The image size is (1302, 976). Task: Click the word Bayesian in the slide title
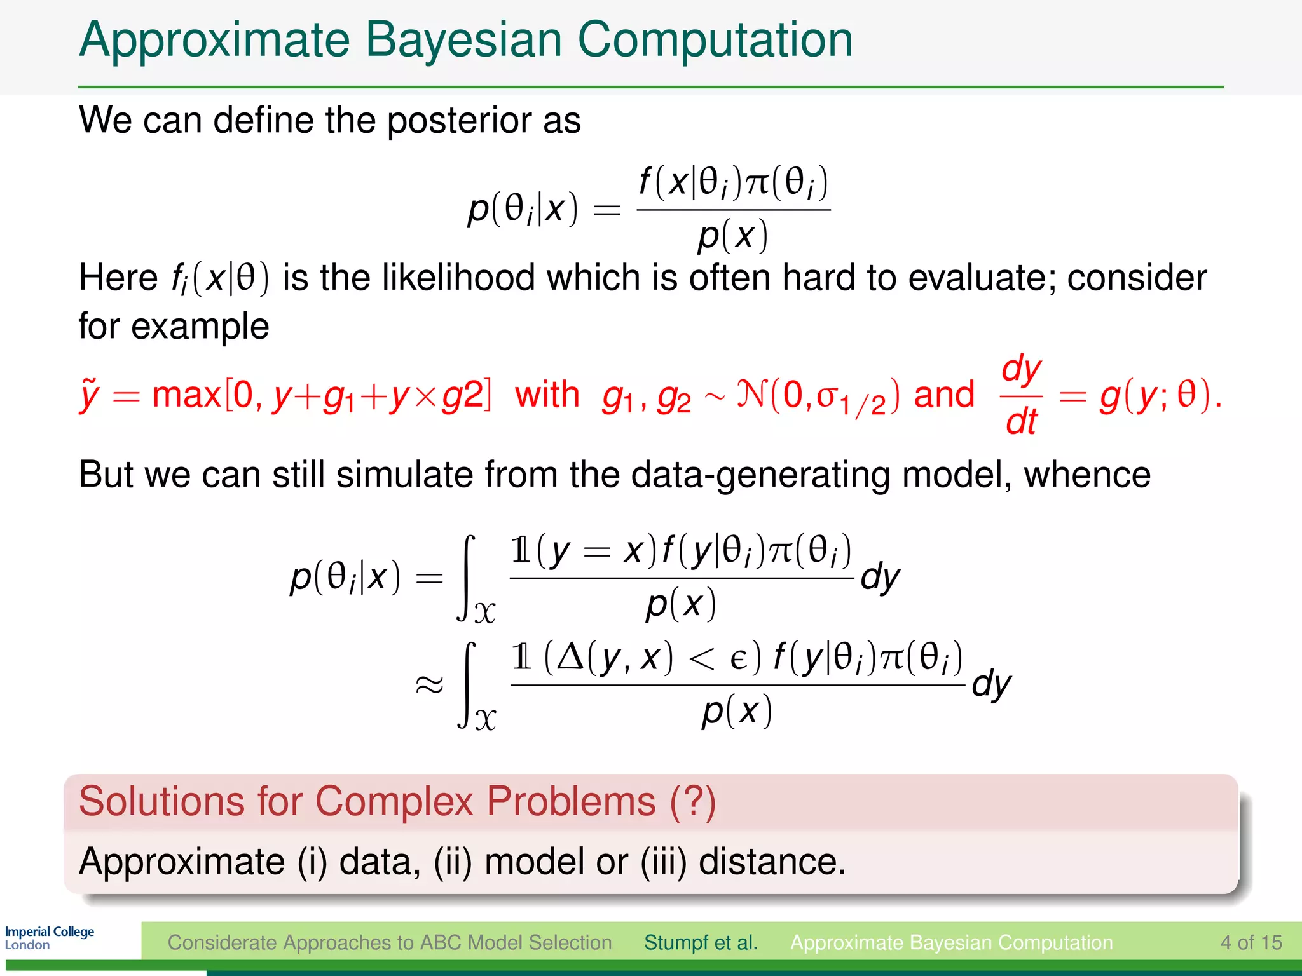tap(463, 39)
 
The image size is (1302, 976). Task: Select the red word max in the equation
tap(186, 395)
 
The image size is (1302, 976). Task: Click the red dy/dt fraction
tap(1021, 395)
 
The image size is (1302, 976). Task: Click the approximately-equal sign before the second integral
tap(428, 684)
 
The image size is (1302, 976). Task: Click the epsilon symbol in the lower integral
tap(738, 658)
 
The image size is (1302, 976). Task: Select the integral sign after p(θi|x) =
tap(467, 577)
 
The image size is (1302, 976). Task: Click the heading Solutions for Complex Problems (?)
tap(397, 801)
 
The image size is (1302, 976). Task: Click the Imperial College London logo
tap(49, 938)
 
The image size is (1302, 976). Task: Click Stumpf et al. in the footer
tap(701, 942)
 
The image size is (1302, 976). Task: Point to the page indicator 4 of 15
tap(1251, 942)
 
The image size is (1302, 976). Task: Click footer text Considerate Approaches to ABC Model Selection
tap(389, 942)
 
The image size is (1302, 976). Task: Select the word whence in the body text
tap(1086, 474)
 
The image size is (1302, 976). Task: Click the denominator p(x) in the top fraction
tap(733, 236)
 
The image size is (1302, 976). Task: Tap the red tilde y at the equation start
tap(90, 395)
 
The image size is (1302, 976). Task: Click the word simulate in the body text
tap(404, 474)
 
